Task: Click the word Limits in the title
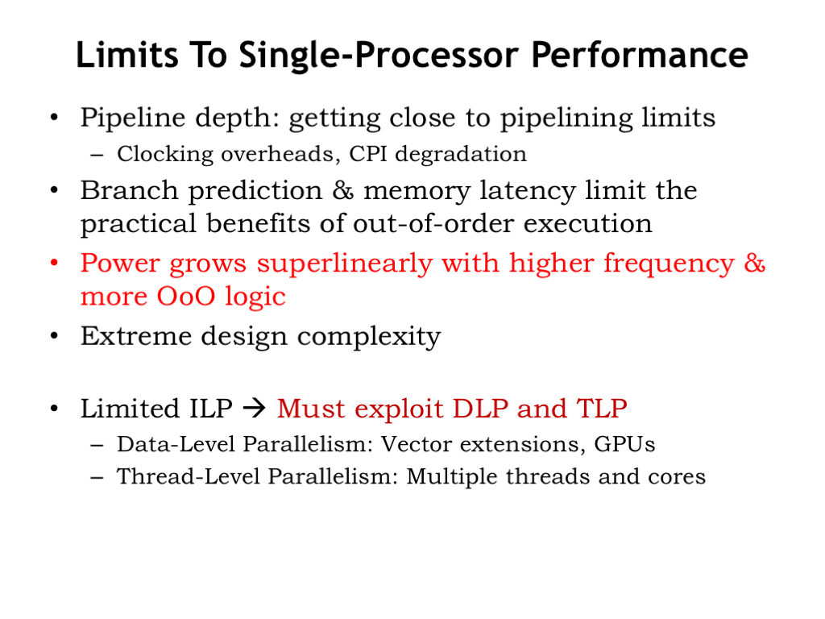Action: click(x=127, y=55)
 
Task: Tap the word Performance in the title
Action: click(x=639, y=55)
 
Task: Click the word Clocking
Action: click(x=165, y=155)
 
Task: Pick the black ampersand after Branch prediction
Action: click(x=343, y=190)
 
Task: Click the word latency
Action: click(x=528, y=191)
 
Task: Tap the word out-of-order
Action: click(x=433, y=223)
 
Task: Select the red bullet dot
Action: click(x=54, y=262)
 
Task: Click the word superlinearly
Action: click(x=343, y=264)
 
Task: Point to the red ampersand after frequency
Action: click(x=754, y=263)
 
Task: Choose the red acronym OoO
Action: click(x=186, y=297)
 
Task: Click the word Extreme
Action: click(x=135, y=336)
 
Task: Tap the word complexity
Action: click(x=369, y=337)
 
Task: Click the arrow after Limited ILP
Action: click(x=255, y=409)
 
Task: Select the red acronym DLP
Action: click(x=480, y=409)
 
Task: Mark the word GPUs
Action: click(x=624, y=444)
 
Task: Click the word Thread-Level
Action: click(x=189, y=476)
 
